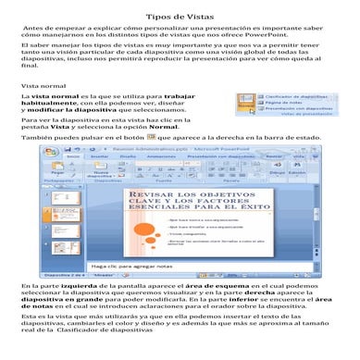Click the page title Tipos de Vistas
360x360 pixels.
coord(180,19)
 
